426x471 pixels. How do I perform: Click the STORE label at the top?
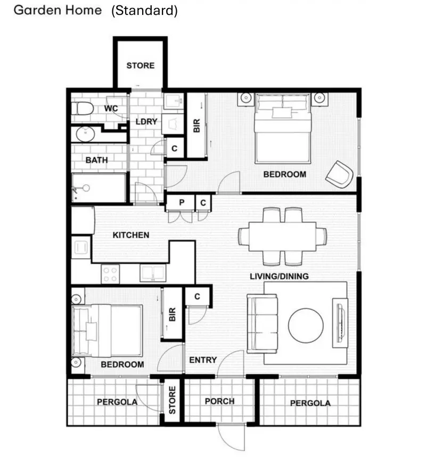(141, 66)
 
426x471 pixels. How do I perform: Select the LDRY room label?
(146, 122)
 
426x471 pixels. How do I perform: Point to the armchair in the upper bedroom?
(340, 173)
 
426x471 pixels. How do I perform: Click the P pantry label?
(181, 202)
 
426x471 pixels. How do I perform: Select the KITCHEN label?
(131, 235)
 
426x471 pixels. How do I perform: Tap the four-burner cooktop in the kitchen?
(110, 274)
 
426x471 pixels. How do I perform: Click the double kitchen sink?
(153, 273)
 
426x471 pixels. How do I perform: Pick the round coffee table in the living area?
(306, 324)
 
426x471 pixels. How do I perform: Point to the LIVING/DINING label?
(280, 276)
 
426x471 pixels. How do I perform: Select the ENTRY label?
(203, 360)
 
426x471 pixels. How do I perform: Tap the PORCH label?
(219, 401)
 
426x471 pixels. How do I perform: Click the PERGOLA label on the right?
(310, 403)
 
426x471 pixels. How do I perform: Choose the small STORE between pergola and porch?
(172, 403)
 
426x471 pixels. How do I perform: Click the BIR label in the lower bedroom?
(172, 315)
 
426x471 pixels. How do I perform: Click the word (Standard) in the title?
(144, 11)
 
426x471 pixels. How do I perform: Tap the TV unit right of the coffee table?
(339, 323)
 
